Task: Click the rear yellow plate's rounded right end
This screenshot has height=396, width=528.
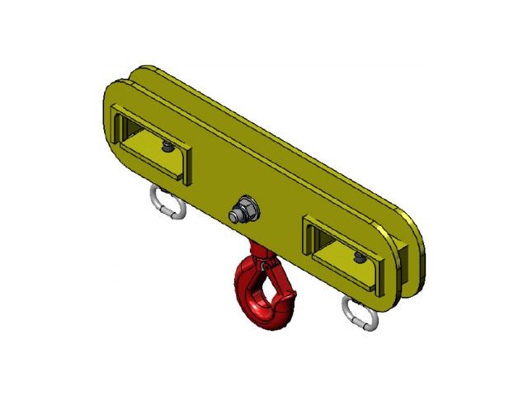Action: click(419, 239)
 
